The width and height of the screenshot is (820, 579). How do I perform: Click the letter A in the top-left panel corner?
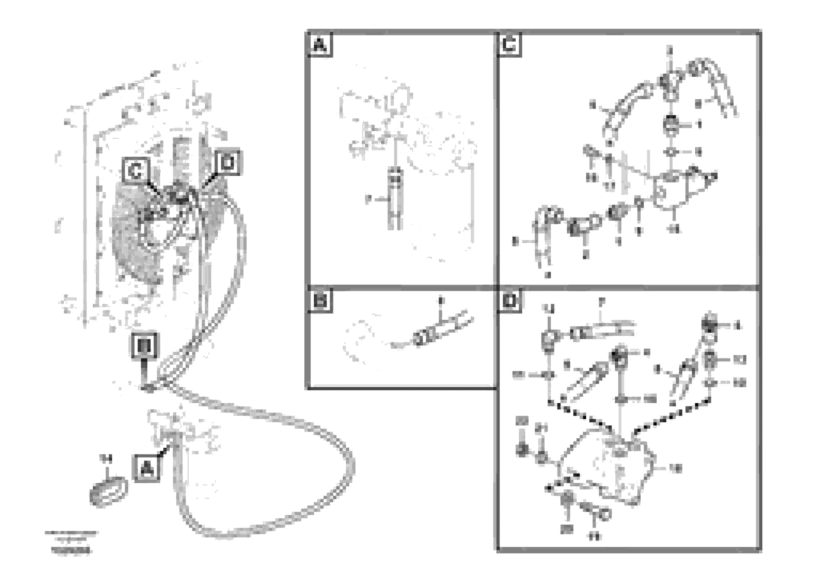[320, 45]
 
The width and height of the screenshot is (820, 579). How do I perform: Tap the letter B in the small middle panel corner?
[320, 301]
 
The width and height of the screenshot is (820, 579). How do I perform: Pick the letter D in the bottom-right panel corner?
[509, 301]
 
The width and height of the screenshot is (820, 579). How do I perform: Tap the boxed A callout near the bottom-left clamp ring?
[147, 468]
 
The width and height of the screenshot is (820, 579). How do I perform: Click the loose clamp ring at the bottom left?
[108, 492]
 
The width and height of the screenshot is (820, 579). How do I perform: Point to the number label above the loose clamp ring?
[106, 458]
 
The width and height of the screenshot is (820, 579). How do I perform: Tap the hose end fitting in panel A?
[395, 178]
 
